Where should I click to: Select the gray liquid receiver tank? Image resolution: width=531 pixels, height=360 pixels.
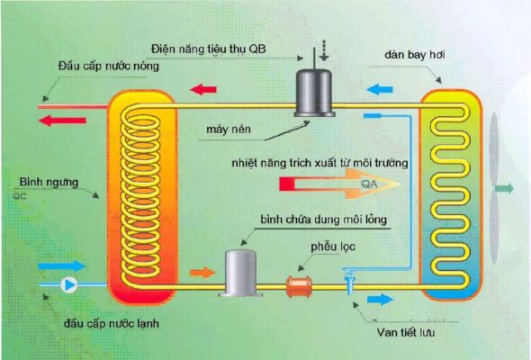pyautogui.click(x=241, y=273)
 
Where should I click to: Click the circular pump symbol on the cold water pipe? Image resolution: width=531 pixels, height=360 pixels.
pyautogui.click(x=69, y=285)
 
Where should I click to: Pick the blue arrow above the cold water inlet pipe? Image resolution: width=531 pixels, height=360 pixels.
pyautogui.click(x=62, y=266)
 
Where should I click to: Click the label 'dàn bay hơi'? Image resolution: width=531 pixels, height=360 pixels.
pyautogui.click(x=413, y=56)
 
